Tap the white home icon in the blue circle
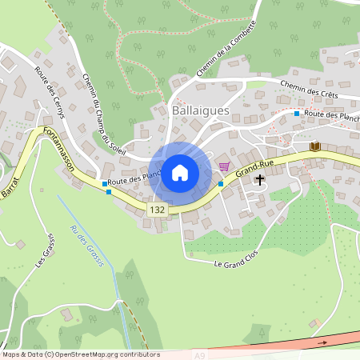click(180, 172)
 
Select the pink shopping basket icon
click(224, 166)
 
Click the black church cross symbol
click(259, 181)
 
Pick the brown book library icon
click(315, 146)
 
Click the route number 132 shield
click(156, 209)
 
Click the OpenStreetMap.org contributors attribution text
click(104, 354)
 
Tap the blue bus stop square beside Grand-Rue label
click(221, 184)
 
